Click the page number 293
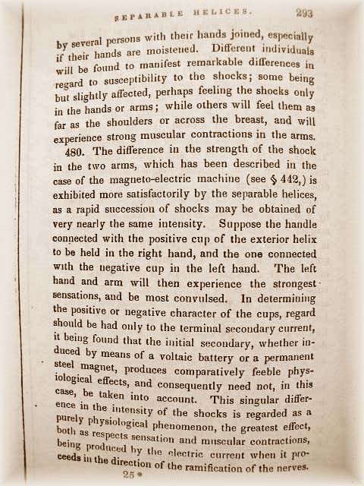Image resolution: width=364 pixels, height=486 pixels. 305,13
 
